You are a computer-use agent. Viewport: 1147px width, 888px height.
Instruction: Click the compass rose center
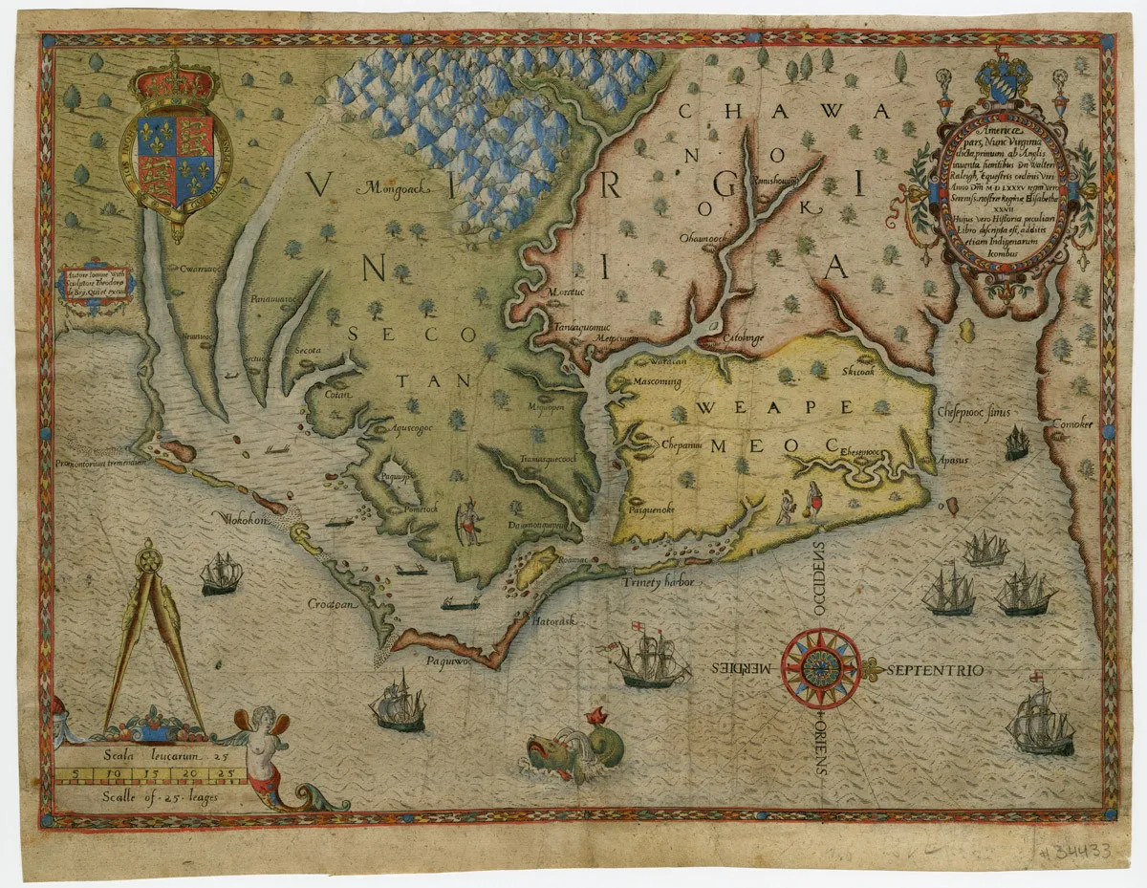click(x=820, y=667)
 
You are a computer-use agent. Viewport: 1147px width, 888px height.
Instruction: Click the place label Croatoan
click(x=331, y=604)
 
